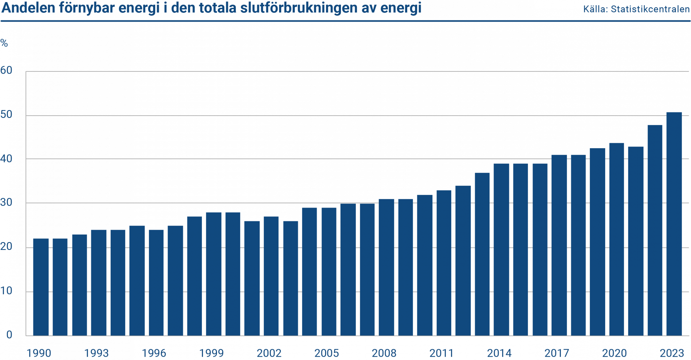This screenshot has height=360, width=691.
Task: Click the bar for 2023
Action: coord(674,224)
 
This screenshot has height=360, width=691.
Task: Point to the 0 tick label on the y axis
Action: coord(9,335)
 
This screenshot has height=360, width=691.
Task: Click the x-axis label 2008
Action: coord(384,353)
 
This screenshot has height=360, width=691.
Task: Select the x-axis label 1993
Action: coord(96,353)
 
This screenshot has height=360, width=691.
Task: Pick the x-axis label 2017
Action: coord(557,353)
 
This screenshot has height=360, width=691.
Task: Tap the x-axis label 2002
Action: coord(269,353)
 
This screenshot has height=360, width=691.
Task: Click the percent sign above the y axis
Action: coord(4,43)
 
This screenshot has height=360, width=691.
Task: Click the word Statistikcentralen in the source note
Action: coord(650,9)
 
